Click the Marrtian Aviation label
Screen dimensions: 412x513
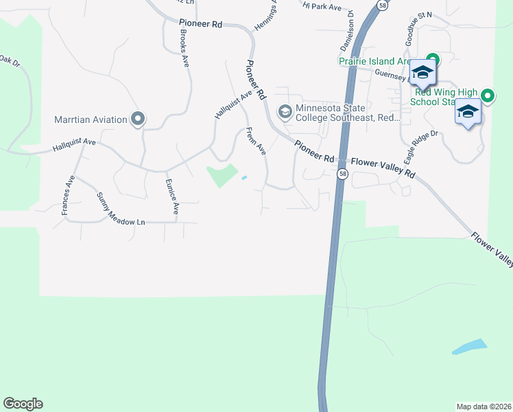pos(91,119)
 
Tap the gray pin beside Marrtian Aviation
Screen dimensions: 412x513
pos(137,119)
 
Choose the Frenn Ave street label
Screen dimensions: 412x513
pos(256,141)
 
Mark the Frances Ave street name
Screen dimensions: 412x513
pos(67,196)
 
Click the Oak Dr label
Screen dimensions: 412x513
pos(10,62)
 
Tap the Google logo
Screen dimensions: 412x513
pos(23,404)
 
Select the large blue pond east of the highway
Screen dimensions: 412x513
pos(470,347)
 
